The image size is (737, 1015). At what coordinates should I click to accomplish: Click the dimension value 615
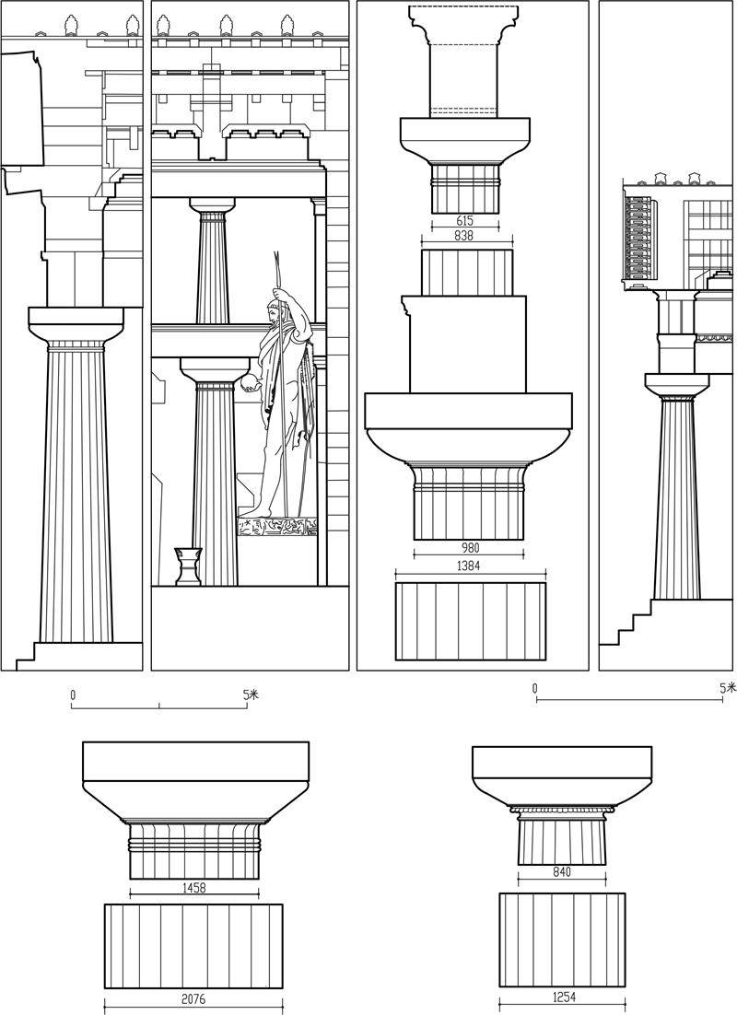465,221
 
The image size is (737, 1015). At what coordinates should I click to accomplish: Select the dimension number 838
463,237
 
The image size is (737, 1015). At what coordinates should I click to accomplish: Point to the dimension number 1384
468,566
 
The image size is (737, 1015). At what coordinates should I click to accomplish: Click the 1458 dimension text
193,888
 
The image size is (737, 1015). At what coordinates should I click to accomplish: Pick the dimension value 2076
193,999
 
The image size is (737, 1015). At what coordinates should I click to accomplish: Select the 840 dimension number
562,872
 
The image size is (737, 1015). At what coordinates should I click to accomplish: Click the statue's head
278,299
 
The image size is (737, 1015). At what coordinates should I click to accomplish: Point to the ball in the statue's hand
249,384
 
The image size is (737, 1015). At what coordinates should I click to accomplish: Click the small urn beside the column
188,566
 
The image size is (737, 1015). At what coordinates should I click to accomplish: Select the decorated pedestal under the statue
278,527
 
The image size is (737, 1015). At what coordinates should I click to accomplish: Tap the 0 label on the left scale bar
73,694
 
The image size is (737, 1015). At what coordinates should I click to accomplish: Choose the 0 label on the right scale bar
535,688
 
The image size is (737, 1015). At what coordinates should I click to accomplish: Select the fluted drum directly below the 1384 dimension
471,622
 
